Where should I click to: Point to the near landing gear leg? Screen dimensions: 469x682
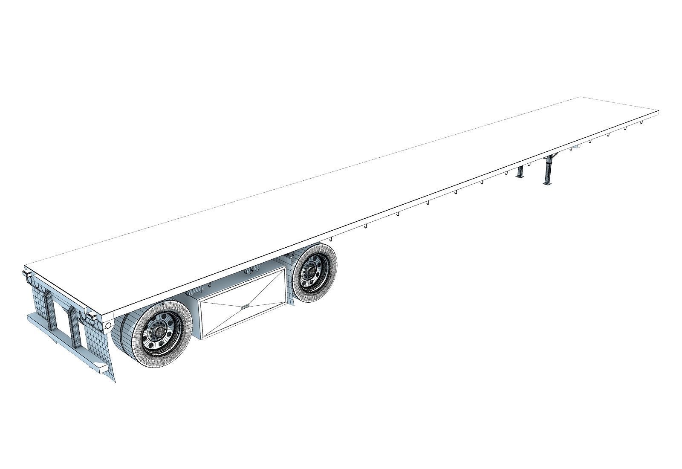tap(548, 171)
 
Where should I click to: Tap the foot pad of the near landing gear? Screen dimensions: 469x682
tap(547, 184)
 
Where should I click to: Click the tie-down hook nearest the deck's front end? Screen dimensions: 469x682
tap(641, 122)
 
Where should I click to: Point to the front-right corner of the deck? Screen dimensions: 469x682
tap(658, 112)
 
